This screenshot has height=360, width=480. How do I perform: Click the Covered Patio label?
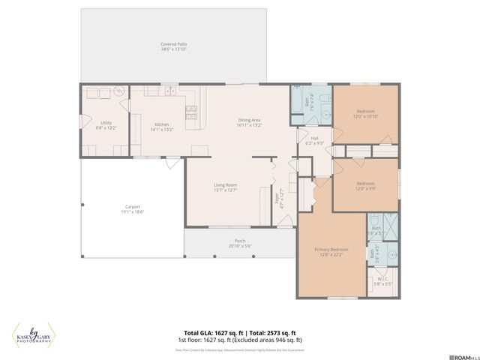pyautogui.click(x=173, y=44)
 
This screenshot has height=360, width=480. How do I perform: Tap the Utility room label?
pyautogui.click(x=105, y=124)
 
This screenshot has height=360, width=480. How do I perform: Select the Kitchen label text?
pyautogui.click(x=162, y=124)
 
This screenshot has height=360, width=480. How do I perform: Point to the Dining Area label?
pyautogui.click(x=249, y=120)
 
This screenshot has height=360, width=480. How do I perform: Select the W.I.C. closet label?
pyautogui.click(x=382, y=279)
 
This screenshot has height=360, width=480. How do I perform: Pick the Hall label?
pyautogui.click(x=304, y=138)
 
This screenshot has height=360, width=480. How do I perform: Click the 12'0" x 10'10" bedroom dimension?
pyautogui.click(x=366, y=116)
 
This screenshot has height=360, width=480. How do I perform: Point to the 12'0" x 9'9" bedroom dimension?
pyautogui.click(x=366, y=189)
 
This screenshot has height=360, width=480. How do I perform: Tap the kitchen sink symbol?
pyautogui.click(x=169, y=91)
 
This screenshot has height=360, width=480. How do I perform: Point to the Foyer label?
pyautogui.click(x=275, y=199)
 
